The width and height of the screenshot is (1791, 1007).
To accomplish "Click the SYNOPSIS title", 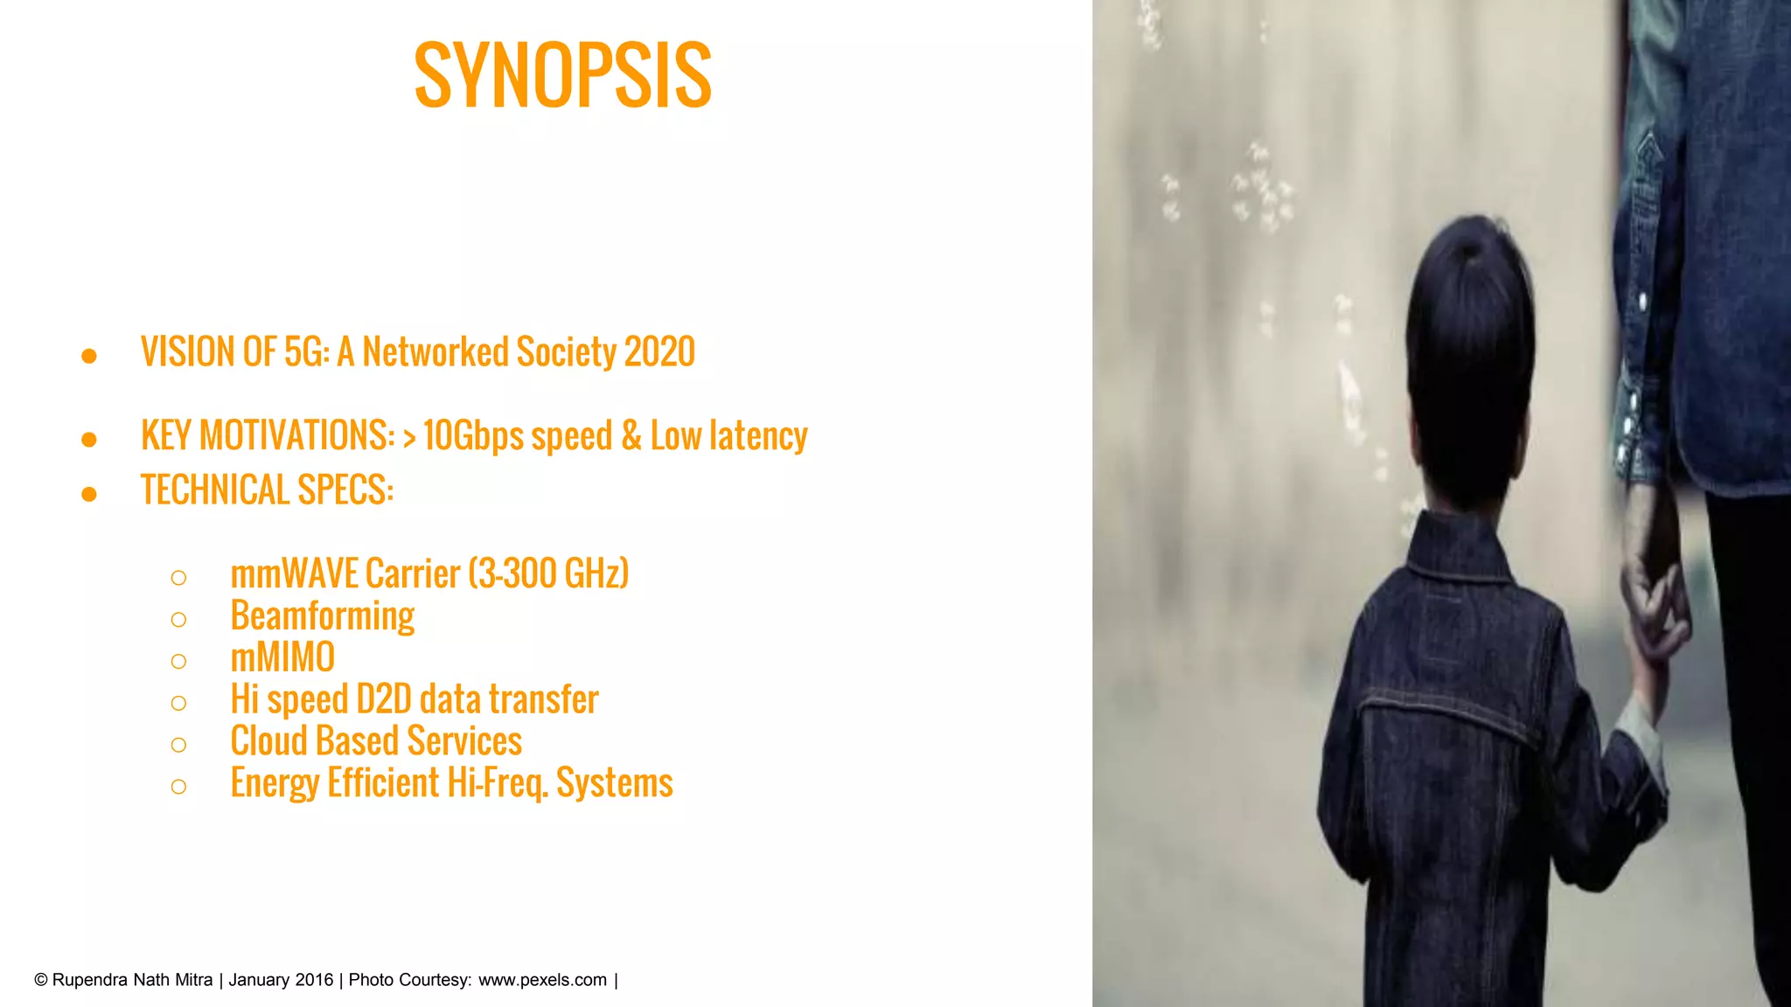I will pos(562,76).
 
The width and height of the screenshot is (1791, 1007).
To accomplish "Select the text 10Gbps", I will pos(473,435).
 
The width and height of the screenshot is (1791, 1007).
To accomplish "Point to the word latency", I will pos(758,435).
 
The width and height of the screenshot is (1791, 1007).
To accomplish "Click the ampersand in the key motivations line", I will pos(631,435).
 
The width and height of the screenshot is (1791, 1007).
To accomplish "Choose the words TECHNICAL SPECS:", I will pos(267,490).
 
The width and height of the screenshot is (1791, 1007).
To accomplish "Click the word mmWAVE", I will pos(294,574).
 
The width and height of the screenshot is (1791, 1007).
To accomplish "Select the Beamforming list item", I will pos(322,616).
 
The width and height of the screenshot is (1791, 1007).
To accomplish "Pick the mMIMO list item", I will pos(282,658).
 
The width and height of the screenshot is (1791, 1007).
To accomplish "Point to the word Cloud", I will pos(268,741).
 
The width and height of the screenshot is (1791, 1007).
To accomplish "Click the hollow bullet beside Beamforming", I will pos(178,620).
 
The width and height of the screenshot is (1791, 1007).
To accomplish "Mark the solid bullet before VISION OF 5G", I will pos(88,356).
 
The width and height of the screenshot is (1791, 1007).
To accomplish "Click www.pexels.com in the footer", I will pos(542,980).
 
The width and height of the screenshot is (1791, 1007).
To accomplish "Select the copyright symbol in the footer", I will pos(41,980).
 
